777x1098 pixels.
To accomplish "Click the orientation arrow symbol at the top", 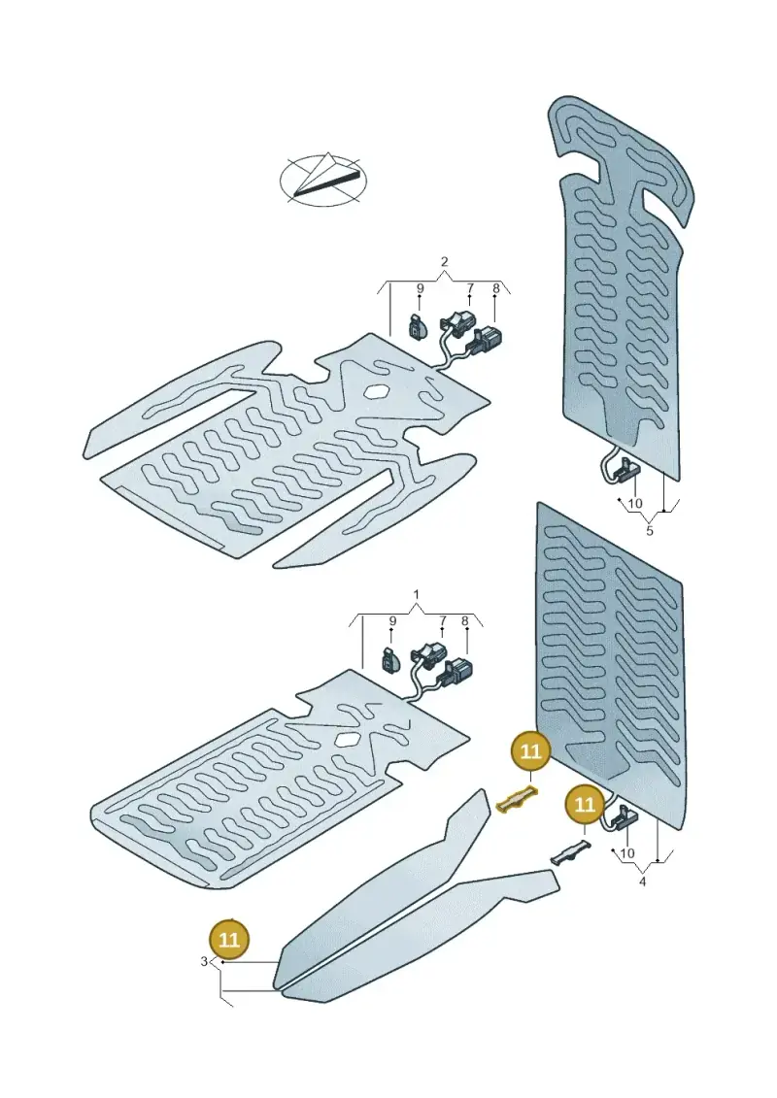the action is click(x=323, y=179).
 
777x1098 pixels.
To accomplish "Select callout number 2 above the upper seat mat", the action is click(x=444, y=262).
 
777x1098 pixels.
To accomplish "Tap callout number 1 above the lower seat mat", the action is click(x=417, y=595).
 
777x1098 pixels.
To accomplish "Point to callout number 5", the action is click(x=650, y=531).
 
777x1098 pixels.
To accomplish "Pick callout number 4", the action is click(x=642, y=882).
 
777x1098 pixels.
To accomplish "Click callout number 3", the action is click(x=204, y=962).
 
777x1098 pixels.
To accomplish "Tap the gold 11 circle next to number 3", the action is click(x=230, y=939).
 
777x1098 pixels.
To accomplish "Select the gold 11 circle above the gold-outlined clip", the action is click(x=532, y=751).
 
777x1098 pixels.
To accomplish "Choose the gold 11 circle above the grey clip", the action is click(x=585, y=805).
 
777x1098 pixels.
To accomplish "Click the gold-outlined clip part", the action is click(x=518, y=799).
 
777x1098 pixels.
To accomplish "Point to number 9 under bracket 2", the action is click(x=421, y=288).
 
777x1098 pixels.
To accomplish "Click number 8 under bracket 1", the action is click(x=464, y=621).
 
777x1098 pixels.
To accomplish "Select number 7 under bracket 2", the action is click(x=470, y=288).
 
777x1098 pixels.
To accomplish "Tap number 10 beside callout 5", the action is click(x=635, y=504).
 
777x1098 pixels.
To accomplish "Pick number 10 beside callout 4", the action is click(x=627, y=853).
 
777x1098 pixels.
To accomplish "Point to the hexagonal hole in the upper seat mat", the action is click(x=376, y=392).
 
